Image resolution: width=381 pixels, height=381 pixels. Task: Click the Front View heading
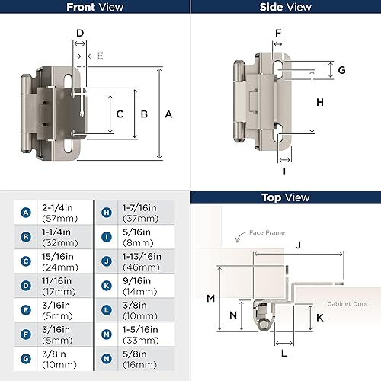[94, 8]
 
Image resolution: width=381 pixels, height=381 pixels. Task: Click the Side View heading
[285, 8]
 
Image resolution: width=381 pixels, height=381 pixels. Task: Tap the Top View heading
[285, 197]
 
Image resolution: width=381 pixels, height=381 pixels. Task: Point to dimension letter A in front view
[168, 114]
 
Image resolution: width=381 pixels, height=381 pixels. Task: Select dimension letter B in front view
[144, 114]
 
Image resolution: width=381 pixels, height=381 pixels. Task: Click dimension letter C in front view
[119, 114]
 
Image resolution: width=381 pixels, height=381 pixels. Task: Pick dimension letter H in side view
[320, 101]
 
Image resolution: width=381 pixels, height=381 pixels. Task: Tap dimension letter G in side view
[342, 70]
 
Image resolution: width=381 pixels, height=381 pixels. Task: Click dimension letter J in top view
[298, 245]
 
